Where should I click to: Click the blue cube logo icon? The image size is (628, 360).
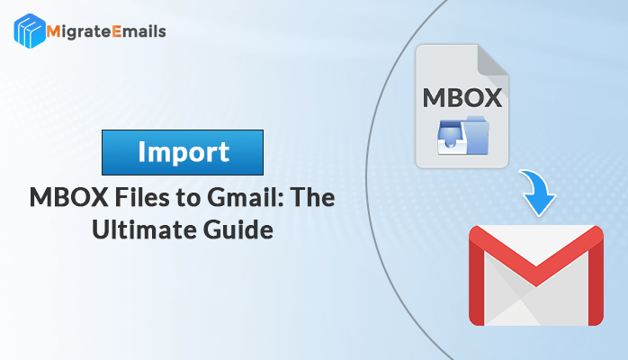(x=30, y=31)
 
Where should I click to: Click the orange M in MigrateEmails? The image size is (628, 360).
(x=53, y=31)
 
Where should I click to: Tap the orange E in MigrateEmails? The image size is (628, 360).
(x=116, y=31)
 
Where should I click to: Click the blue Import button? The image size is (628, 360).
(x=183, y=152)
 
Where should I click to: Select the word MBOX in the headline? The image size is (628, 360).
(x=69, y=197)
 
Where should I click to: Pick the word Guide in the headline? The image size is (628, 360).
(x=238, y=229)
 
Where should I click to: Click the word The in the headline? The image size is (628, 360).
(x=312, y=197)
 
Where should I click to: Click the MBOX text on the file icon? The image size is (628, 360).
(x=462, y=98)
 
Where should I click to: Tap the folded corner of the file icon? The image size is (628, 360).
(x=493, y=59)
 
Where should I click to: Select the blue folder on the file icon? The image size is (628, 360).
(x=476, y=135)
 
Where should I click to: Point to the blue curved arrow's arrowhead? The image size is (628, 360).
(x=538, y=203)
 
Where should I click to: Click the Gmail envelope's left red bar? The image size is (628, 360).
(x=477, y=280)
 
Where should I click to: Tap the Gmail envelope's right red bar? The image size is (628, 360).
(x=596, y=280)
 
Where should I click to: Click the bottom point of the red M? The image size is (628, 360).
(x=536, y=286)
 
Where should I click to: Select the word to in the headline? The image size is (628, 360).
(x=188, y=198)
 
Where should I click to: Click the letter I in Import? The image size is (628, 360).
(x=141, y=151)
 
